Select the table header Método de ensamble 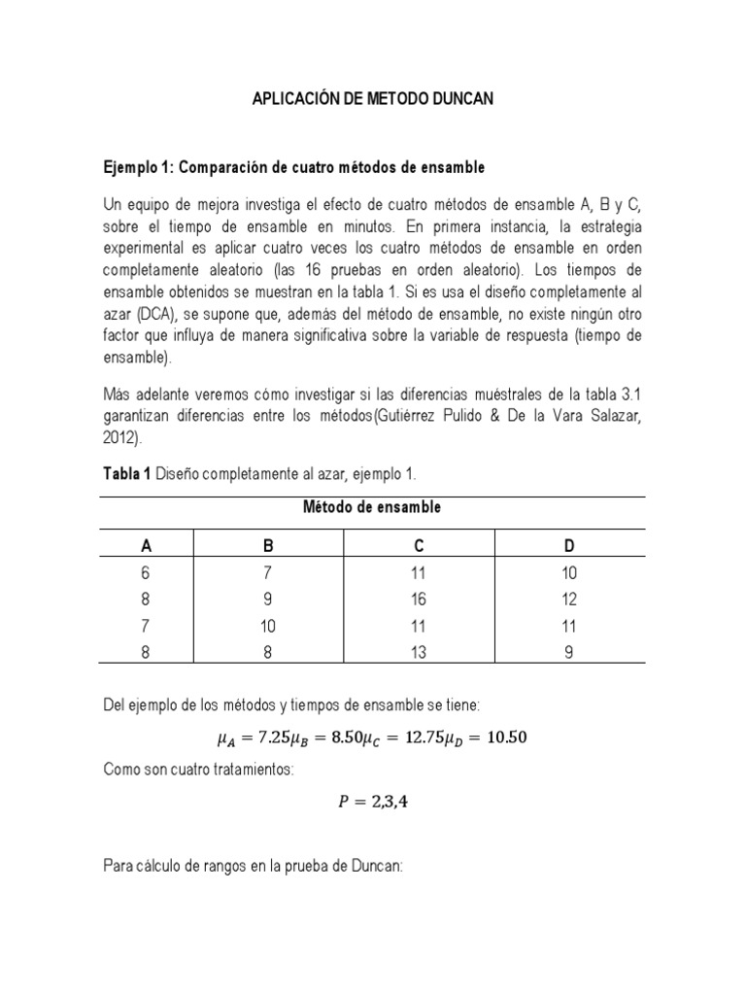[x=372, y=507]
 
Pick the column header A [x=147, y=547]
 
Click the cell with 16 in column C [x=419, y=600]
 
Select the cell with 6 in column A [x=147, y=574]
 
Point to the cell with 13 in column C [x=419, y=653]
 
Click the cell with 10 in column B [x=268, y=627]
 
